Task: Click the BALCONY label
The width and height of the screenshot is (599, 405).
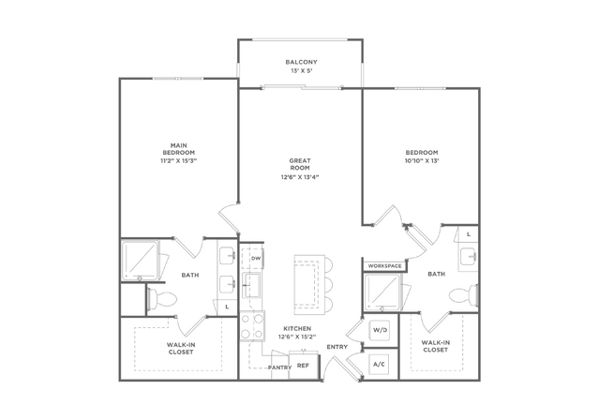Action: pos(301,62)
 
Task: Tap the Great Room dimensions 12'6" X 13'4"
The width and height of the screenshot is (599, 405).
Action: pos(300,177)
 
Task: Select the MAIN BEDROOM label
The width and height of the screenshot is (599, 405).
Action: pos(179,149)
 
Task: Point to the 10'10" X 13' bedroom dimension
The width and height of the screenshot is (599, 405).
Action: pos(422,161)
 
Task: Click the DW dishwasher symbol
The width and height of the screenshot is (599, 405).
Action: pos(256,259)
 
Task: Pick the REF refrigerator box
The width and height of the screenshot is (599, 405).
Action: pos(303,366)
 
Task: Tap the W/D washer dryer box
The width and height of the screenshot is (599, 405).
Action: pos(380,330)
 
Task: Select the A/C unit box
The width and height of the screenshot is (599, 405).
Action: pos(381,365)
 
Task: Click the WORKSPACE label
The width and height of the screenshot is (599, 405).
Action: pos(384,266)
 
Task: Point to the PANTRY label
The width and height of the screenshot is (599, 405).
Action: pos(279,367)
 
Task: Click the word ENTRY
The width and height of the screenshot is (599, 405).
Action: pos(337,347)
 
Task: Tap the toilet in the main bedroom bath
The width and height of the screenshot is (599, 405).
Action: pos(162,298)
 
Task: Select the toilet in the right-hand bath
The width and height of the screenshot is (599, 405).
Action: pos(463,295)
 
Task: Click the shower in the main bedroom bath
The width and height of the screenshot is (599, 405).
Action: pos(141,261)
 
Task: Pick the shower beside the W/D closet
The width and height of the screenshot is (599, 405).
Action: pos(382,292)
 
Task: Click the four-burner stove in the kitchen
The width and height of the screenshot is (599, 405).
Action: pos(252,326)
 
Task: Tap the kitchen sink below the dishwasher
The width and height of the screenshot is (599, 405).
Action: pos(252,285)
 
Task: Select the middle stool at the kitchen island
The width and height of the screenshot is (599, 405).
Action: pos(328,284)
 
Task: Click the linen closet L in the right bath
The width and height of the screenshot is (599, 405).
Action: pos(468,234)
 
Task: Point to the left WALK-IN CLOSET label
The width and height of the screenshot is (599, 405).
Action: pos(181,349)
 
